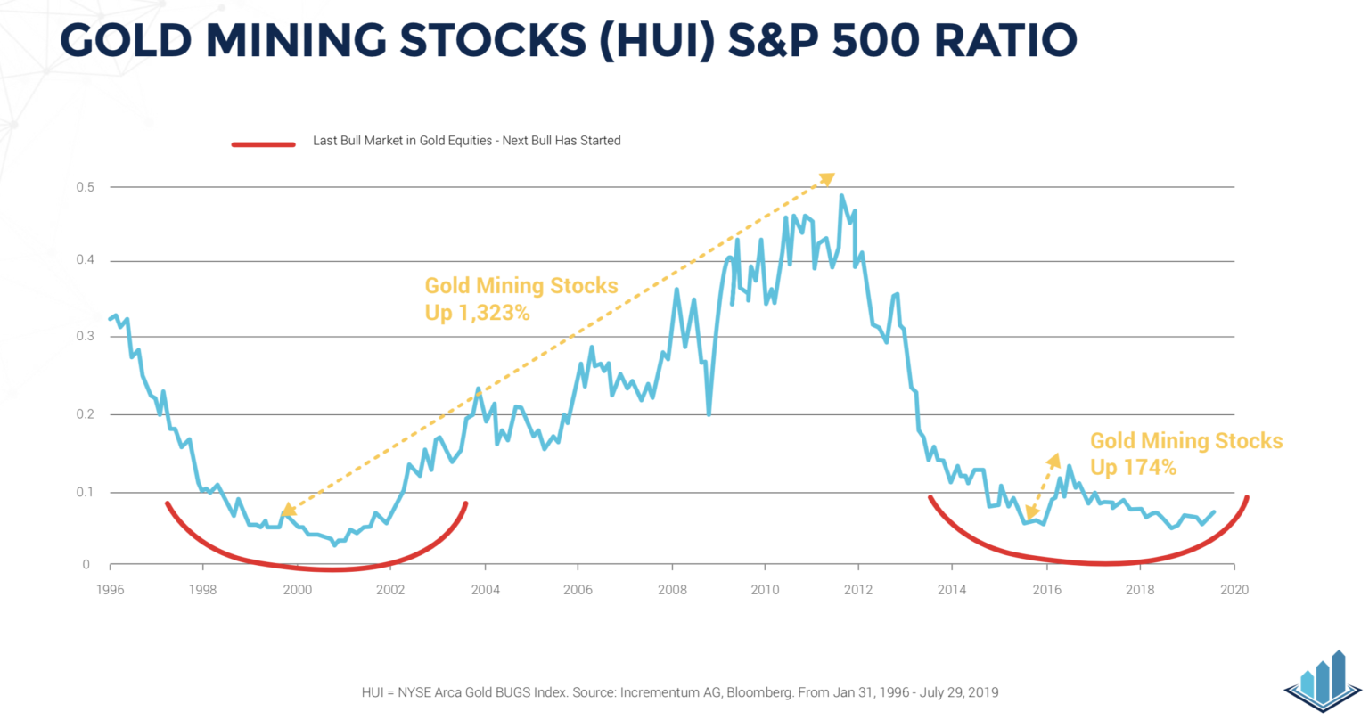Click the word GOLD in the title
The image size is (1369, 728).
pyautogui.click(x=126, y=40)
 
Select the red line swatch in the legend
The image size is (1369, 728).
pyautogui.click(x=263, y=143)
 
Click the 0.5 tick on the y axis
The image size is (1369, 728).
pyautogui.click(x=86, y=187)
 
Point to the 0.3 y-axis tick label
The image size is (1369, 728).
pyautogui.click(x=86, y=336)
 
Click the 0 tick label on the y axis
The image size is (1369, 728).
pyautogui.click(x=86, y=565)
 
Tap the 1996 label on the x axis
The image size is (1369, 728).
pyautogui.click(x=110, y=590)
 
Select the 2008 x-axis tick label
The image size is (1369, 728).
pyautogui.click(x=671, y=590)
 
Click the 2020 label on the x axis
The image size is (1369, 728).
pyautogui.click(x=1234, y=590)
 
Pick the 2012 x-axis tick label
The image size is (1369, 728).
pyautogui.click(x=858, y=590)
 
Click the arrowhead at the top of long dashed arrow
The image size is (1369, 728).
pyautogui.click(x=827, y=179)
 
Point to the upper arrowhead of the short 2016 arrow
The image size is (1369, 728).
pyautogui.click(x=1054, y=460)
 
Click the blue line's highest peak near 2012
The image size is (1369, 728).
pyautogui.click(x=841, y=196)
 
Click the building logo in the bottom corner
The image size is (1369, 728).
pyautogui.click(x=1324, y=682)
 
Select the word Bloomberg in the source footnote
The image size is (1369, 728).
pyautogui.click(x=759, y=692)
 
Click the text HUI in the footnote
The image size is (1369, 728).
pyautogui.click(x=373, y=692)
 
